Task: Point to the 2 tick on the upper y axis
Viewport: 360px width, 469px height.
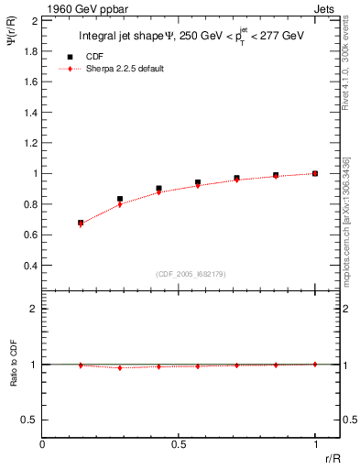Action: (35, 20)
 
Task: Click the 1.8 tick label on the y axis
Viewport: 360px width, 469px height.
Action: (32, 50)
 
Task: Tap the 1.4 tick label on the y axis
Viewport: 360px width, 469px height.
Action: (32, 112)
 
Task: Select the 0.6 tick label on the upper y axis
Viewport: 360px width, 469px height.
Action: (32, 234)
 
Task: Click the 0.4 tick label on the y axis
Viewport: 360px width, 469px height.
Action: (32, 266)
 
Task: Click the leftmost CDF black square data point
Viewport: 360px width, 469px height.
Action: (81, 223)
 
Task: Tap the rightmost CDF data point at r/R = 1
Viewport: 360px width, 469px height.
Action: (315, 173)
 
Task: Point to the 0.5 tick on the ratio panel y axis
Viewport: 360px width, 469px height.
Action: (32, 420)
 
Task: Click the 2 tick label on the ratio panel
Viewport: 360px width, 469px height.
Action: (35, 309)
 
